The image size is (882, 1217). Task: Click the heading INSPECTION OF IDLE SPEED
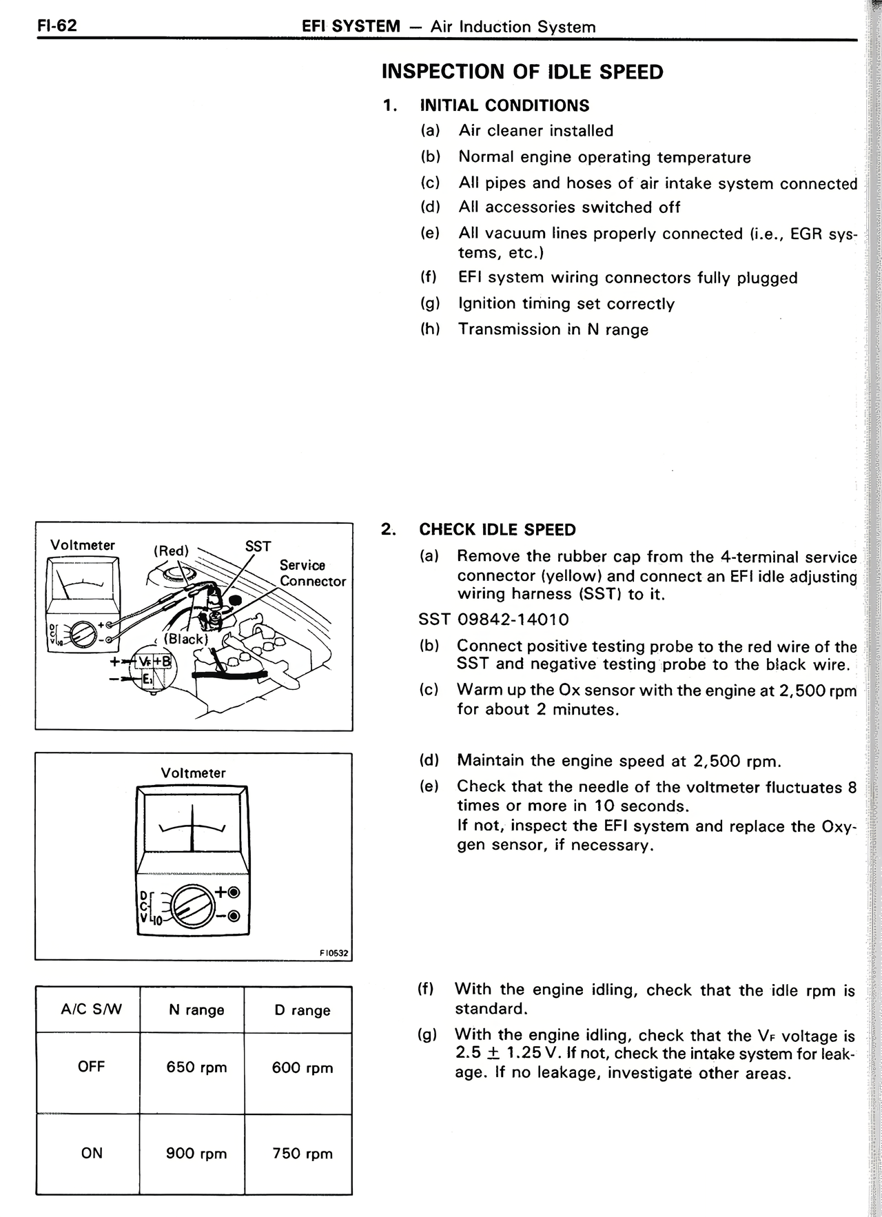522,72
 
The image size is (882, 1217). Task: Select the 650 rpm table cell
196,1067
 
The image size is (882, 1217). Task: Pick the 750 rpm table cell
302,1154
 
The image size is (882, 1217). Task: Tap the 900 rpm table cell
196,1154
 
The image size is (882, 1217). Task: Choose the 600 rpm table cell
302,1067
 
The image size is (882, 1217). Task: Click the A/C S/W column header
91,1010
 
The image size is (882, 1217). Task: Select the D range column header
302,1010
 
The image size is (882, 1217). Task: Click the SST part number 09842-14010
513,620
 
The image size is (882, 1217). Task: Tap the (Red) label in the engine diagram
171,551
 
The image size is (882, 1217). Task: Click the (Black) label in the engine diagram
185,639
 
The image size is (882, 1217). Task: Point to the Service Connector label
312,573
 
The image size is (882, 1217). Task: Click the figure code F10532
334,954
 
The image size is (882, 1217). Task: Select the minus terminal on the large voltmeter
233,916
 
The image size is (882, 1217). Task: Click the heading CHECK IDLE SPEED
497,530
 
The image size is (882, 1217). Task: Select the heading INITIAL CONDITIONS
504,105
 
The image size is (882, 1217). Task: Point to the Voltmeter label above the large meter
193,773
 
